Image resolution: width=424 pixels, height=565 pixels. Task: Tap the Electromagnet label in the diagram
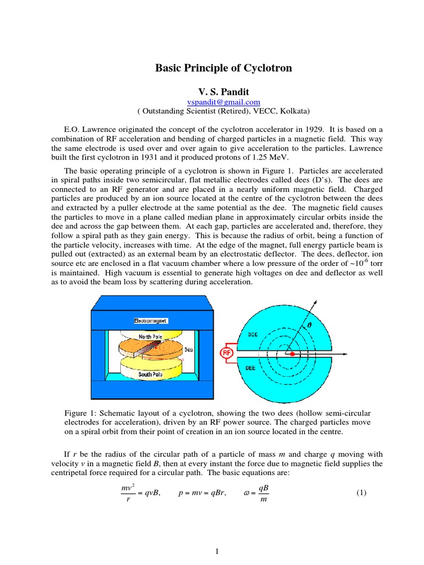tap(150, 321)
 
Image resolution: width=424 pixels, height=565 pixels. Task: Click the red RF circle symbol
tap(226, 352)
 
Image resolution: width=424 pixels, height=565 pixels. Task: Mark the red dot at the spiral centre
tap(293, 353)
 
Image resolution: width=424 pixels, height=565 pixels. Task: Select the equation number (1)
tap(361, 492)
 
